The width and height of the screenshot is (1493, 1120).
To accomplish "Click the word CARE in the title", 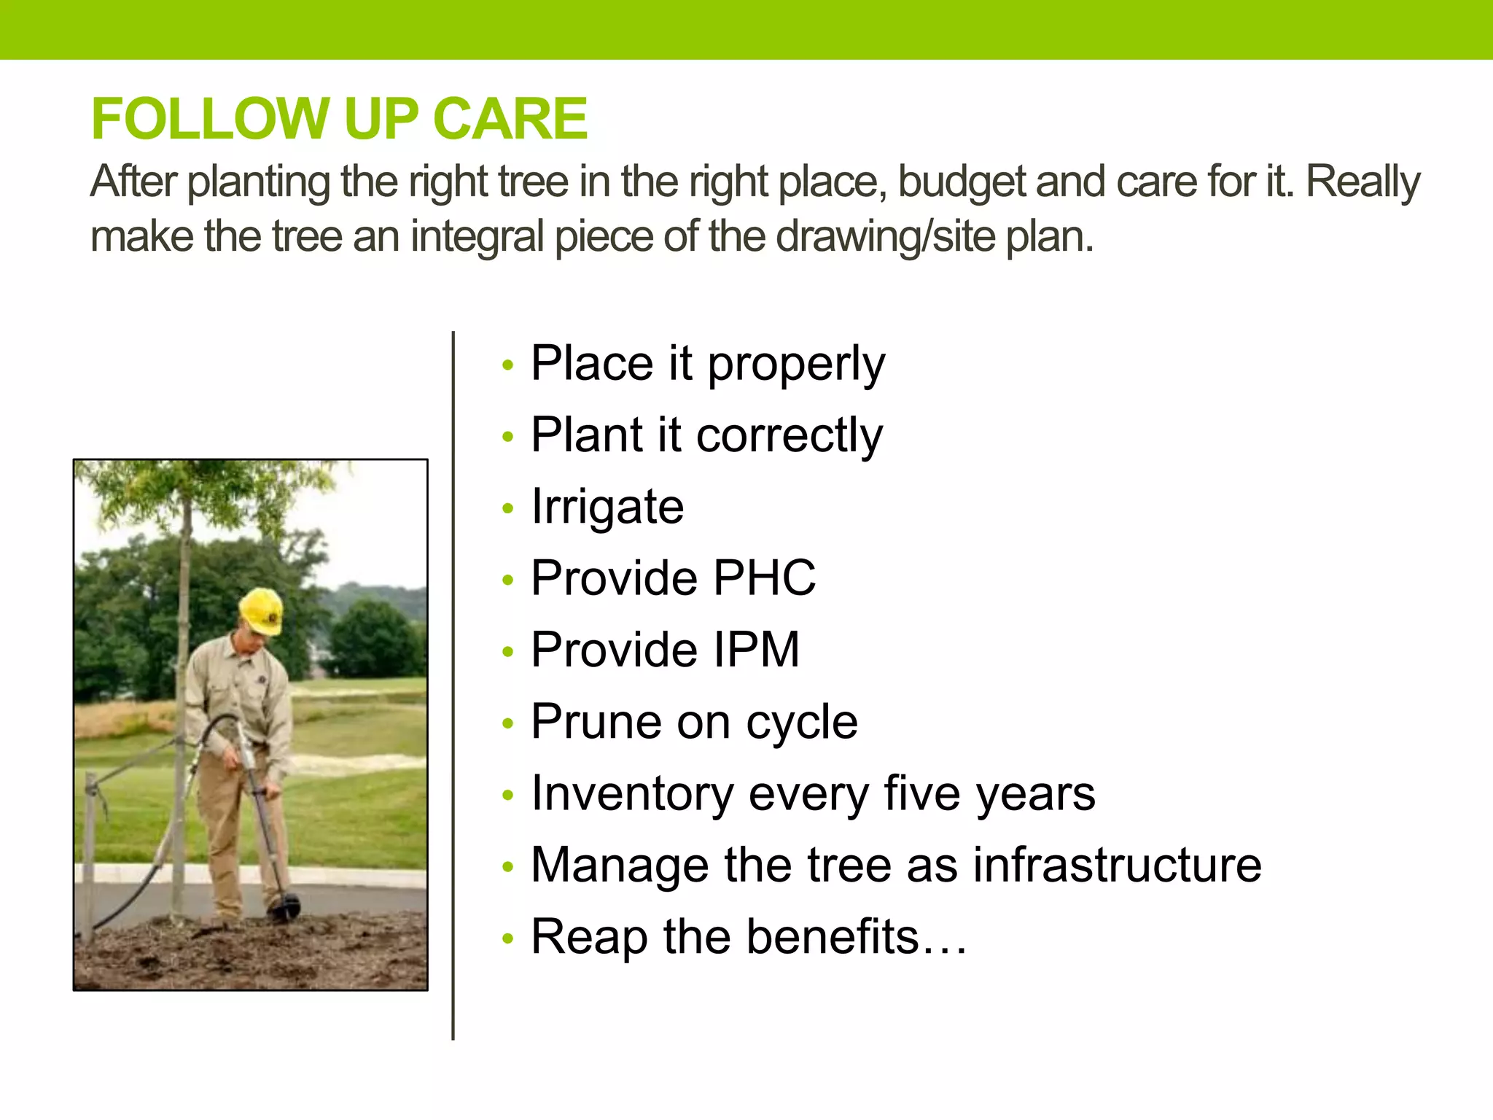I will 510,119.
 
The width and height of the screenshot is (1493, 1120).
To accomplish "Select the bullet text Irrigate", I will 607,507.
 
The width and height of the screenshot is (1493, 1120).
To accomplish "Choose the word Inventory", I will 632,794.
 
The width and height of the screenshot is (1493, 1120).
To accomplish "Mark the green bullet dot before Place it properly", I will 508,365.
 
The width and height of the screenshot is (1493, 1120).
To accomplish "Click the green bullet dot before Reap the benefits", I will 508,939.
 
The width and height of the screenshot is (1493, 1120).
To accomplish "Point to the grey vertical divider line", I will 453,685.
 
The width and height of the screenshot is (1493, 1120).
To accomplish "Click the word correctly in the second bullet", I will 790,436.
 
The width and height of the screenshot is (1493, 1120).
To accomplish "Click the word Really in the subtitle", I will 1362,182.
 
